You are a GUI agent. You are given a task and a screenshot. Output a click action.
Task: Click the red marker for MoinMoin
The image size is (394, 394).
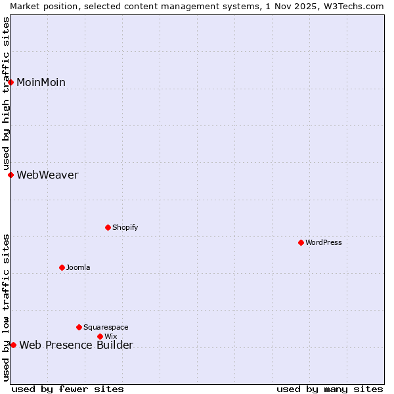point(11,82)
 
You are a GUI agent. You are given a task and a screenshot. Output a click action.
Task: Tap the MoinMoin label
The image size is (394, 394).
point(41,82)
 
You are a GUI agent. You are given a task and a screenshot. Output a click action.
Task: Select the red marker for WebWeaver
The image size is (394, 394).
point(11,175)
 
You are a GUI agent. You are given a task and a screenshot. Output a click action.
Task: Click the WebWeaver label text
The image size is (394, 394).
point(47,175)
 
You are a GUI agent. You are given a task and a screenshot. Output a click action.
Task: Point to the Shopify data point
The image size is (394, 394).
point(108,227)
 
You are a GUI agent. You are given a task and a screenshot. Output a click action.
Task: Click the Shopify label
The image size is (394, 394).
point(125,227)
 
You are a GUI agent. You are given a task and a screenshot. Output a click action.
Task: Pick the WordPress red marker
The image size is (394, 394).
point(301,242)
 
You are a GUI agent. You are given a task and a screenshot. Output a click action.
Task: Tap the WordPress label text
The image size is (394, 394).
point(323,242)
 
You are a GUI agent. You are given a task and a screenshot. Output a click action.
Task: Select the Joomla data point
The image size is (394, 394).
point(62,267)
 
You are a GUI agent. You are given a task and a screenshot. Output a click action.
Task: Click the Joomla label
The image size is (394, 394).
point(78,267)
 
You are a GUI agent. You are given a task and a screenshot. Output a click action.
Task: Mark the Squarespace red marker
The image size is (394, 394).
point(79,327)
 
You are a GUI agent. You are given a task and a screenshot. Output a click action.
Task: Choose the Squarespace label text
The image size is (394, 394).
point(106,327)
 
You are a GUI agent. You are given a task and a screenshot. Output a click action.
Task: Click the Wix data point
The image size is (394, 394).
point(100,336)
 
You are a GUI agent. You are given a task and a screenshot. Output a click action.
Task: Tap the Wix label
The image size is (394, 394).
point(110,336)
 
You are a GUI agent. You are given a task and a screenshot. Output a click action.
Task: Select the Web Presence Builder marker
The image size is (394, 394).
point(13,345)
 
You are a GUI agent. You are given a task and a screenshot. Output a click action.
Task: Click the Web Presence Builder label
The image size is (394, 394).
point(76,345)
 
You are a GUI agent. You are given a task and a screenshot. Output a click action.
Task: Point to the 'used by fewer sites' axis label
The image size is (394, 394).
point(68,389)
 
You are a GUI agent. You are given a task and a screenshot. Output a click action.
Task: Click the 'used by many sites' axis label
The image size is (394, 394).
point(330,389)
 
